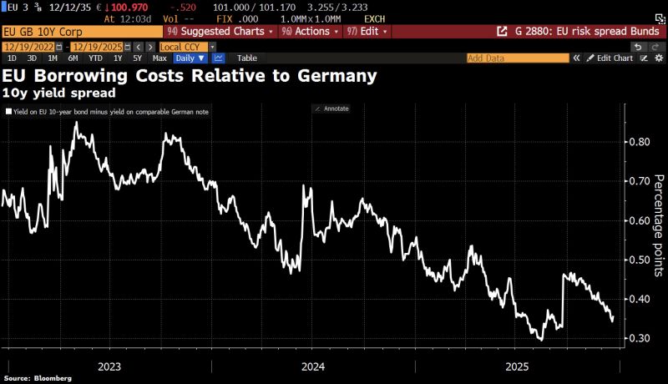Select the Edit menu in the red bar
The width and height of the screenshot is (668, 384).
pyautogui.click(x=367, y=32)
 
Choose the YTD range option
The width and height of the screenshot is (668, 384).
pyautogui.click(x=96, y=58)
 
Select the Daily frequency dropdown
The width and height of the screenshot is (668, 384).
pyautogui.click(x=190, y=58)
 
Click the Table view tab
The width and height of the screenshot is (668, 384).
pyautogui.click(x=247, y=58)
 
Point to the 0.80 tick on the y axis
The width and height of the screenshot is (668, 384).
pyautogui.click(x=638, y=142)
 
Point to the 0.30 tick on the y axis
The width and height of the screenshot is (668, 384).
pyautogui.click(x=638, y=338)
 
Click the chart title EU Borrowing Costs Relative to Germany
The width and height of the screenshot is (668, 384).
pyautogui.click(x=190, y=76)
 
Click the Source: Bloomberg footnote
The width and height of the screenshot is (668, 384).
pyautogui.click(x=38, y=378)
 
